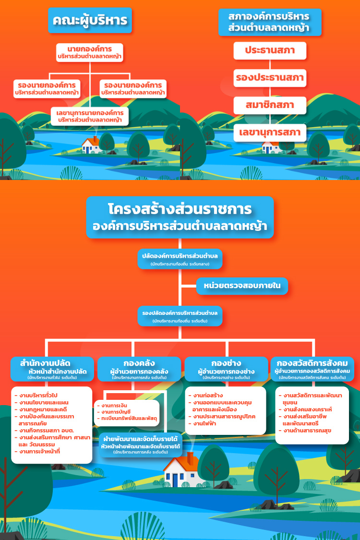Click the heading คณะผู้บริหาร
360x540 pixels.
coord(90,21)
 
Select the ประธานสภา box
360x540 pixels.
coord(270,50)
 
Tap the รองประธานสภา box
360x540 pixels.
coord(270,78)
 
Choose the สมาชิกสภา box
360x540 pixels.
coord(270,105)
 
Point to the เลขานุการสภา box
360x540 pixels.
coord(270,132)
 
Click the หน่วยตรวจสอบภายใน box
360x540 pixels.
coord(242,286)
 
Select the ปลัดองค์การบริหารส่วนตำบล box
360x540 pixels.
coord(180,259)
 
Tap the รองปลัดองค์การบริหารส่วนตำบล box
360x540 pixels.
coord(180,316)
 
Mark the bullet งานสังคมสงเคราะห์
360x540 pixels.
coord(314,409)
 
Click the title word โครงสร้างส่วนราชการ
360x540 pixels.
coord(180,210)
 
